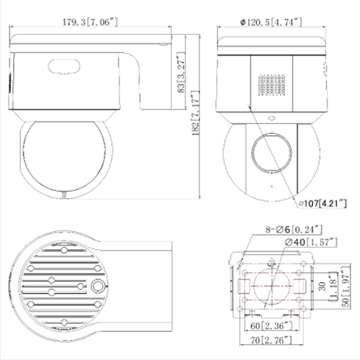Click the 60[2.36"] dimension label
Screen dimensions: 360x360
(x=269, y=326)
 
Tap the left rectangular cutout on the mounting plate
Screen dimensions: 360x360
(x=240, y=286)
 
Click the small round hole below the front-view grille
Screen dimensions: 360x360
(x=272, y=117)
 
